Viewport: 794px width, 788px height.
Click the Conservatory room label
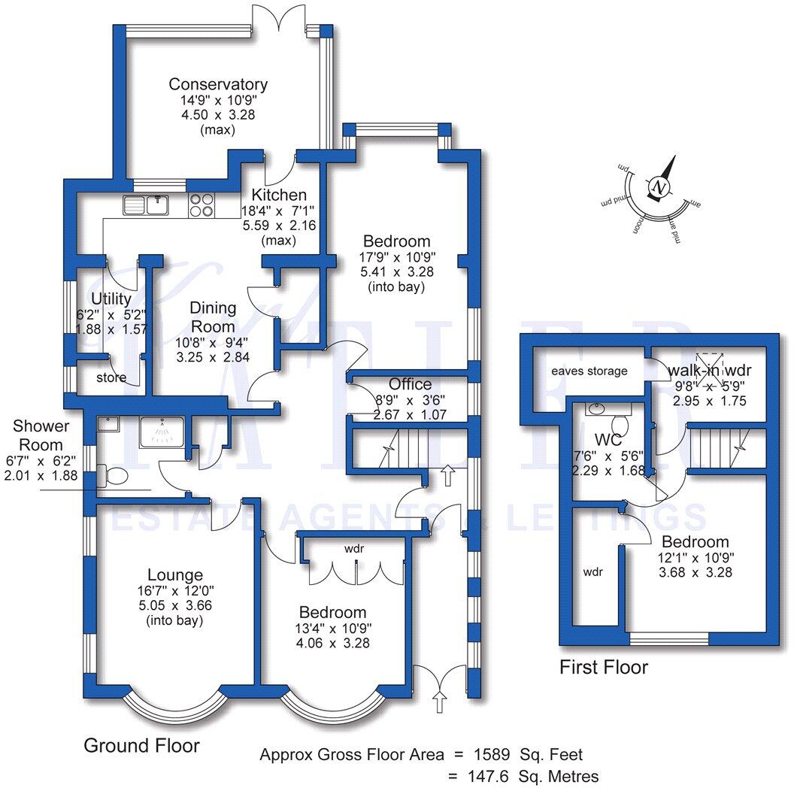tap(218, 84)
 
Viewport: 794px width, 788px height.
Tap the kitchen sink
tap(147, 204)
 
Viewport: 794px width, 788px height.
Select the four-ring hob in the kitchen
tap(202, 205)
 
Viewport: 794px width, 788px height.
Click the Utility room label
tap(111, 299)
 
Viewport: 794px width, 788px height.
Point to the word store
tap(111, 377)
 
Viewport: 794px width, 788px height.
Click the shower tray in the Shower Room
tap(161, 432)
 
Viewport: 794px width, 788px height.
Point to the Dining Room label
tap(213, 317)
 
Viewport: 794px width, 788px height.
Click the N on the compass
tap(659, 186)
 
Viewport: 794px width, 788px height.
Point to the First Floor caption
tap(604, 667)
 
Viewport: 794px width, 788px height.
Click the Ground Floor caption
tap(141, 745)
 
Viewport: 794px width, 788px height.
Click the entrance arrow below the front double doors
tap(440, 704)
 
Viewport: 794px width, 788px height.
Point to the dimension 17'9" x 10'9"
tap(397, 257)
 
